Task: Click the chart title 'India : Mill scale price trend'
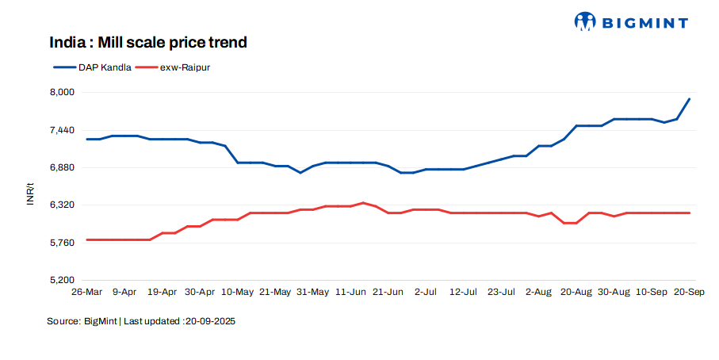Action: (x=148, y=42)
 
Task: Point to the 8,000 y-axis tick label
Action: (x=63, y=92)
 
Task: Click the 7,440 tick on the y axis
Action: (x=63, y=130)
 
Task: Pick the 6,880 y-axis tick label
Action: (x=63, y=167)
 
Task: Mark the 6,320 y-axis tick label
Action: (x=63, y=205)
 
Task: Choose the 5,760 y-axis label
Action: (x=63, y=243)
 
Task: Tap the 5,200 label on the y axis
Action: (x=63, y=280)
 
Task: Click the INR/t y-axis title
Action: (x=30, y=193)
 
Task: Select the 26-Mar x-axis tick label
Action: (x=86, y=293)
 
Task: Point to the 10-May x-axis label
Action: (x=237, y=293)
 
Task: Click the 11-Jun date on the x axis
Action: (x=350, y=293)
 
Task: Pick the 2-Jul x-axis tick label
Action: (x=426, y=293)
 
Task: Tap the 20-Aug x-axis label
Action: (x=576, y=293)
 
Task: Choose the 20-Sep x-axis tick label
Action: (x=688, y=293)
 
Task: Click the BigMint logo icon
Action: (x=585, y=22)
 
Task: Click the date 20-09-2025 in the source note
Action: (x=210, y=322)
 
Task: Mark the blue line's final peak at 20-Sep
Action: (x=689, y=99)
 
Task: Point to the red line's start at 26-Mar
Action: (x=87, y=239)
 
